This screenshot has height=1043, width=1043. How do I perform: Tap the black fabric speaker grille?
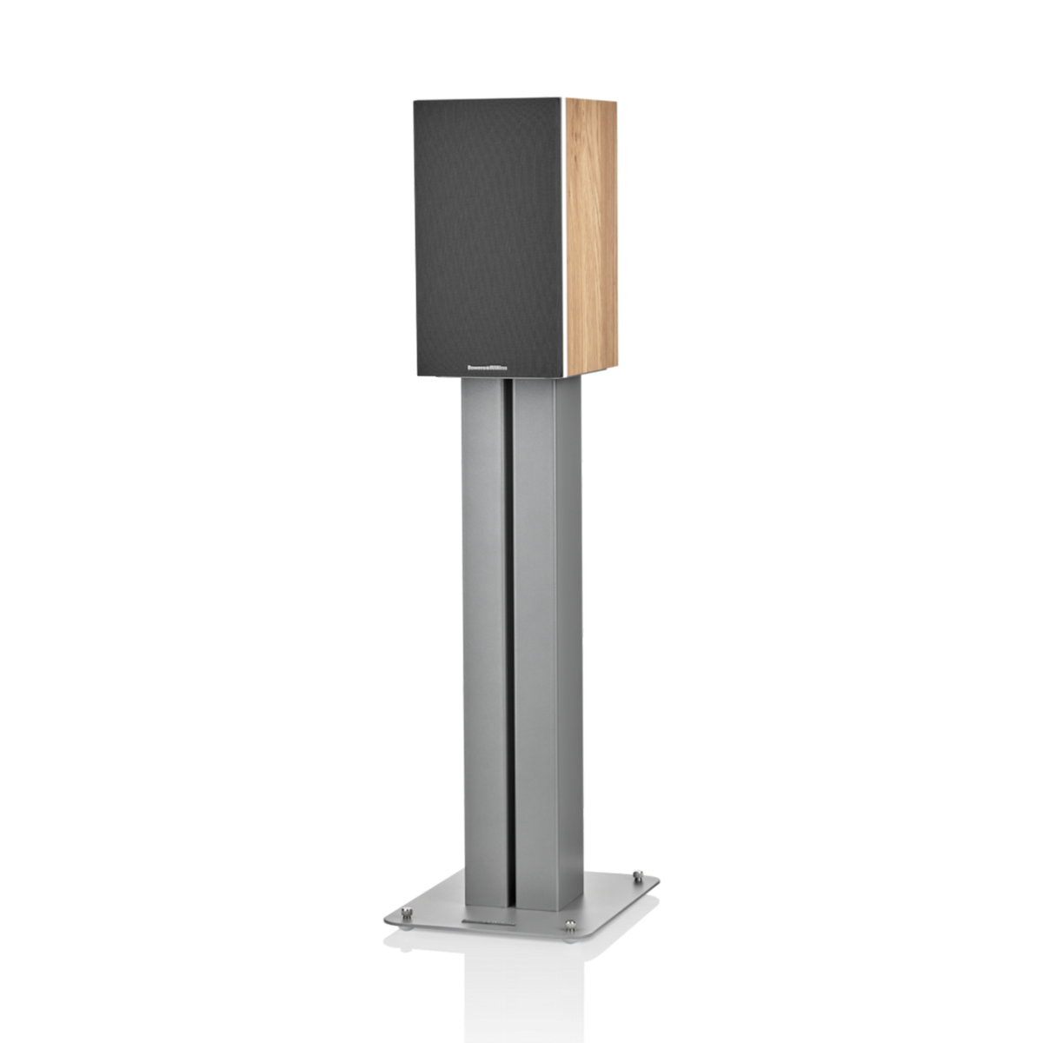click(x=487, y=235)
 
